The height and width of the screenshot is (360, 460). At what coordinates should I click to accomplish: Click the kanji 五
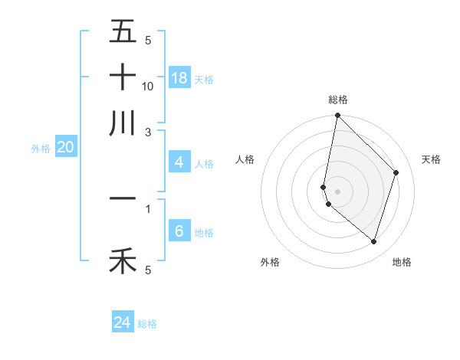(x=123, y=31)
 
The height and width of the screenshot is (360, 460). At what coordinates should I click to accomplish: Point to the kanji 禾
(x=123, y=261)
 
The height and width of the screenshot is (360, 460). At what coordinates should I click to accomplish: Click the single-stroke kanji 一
(x=123, y=198)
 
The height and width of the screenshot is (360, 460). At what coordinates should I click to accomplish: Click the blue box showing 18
(x=179, y=77)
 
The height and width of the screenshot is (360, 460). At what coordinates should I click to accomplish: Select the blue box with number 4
(x=179, y=162)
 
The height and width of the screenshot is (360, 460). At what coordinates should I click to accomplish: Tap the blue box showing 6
(x=179, y=231)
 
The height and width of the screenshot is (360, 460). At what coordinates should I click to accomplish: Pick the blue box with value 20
(x=65, y=147)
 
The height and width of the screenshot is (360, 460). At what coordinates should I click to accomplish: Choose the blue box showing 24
(x=123, y=322)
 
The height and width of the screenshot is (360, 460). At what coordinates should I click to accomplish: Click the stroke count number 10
(x=148, y=86)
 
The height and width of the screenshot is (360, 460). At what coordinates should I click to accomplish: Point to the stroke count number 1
(x=148, y=208)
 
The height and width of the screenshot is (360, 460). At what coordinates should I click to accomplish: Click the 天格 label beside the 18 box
(x=204, y=79)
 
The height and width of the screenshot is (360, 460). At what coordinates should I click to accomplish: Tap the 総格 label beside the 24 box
(x=148, y=324)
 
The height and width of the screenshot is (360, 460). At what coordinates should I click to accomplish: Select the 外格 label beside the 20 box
(x=40, y=149)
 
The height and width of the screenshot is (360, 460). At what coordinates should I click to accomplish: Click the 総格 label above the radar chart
(x=337, y=100)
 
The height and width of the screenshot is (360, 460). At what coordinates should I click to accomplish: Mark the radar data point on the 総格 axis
(x=337, y=116)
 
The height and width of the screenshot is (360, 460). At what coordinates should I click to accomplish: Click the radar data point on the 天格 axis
(x=396, y=172)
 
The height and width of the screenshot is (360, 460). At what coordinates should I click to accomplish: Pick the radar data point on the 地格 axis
(x=374, y=241)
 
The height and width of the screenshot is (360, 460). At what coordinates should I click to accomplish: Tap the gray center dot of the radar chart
(x=337, y=191)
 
